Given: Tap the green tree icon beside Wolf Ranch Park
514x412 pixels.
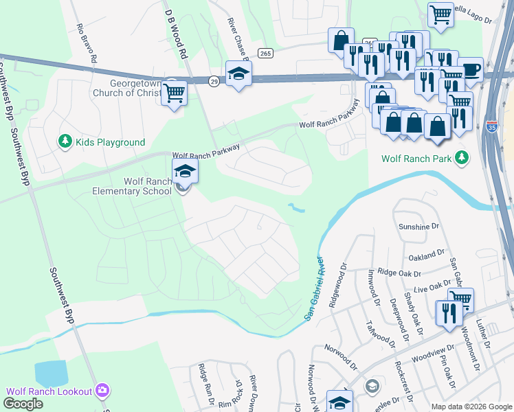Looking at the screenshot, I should [x=462, y=158].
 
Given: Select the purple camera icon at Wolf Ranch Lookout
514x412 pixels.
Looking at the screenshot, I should [x=102, y=391].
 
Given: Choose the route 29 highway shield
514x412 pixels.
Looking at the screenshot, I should [x=214, y=81].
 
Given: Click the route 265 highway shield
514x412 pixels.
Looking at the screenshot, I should [x=266, y=53].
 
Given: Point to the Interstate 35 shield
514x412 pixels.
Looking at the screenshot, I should [x=491, y=126].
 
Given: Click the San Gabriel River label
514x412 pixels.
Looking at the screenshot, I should [x=313, y=286].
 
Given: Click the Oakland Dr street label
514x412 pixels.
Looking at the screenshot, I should [x=421, y=255].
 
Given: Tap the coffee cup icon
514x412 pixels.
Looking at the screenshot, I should [x=470, y=69].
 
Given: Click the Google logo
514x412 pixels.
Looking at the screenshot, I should [x=23, y=403].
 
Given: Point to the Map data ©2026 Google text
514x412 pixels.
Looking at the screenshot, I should [x=471, y=407].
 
